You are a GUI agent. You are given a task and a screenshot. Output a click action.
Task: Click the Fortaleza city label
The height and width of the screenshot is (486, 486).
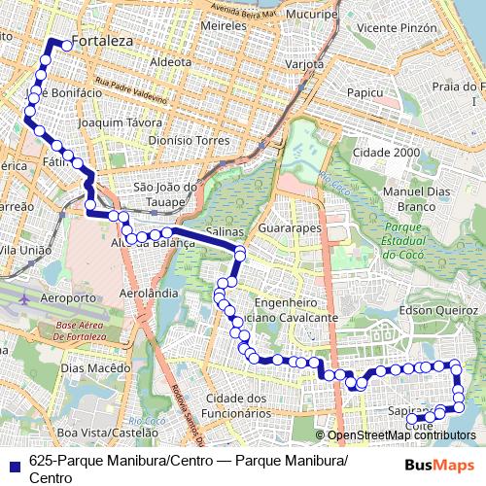(101, 43)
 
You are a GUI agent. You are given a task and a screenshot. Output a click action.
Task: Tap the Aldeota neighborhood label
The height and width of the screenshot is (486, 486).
(171, 60)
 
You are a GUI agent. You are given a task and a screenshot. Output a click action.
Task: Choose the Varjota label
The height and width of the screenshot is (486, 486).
(303, 64)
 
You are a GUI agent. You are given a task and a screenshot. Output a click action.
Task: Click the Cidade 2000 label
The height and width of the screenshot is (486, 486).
(386, 153)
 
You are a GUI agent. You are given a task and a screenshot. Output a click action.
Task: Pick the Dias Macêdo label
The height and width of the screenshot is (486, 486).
(94, 368)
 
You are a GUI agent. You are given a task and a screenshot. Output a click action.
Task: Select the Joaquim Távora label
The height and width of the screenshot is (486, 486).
(121, 123)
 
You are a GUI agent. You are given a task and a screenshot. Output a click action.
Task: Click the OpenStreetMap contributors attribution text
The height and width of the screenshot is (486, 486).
(400, 435)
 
